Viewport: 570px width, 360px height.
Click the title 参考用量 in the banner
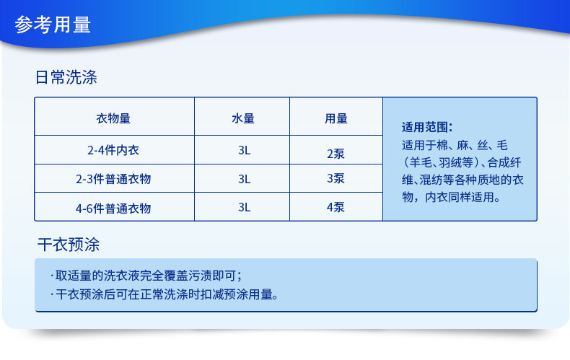[53, 25]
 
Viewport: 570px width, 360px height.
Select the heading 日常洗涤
[66, 77]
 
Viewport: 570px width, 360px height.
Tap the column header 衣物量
[113, 118]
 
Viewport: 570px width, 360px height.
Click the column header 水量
[243, 118]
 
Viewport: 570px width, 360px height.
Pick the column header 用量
[336, 118]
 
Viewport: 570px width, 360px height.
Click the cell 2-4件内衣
[113, 150]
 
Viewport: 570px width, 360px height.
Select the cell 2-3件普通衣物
[113, 178]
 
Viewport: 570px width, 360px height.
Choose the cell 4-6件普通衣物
[113, 208]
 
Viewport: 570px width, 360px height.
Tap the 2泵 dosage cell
[336, 154]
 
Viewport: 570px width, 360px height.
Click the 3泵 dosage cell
[336, 178]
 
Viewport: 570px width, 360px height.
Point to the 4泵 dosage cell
[336, 207]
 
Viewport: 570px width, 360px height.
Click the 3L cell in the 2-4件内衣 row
[245, 150]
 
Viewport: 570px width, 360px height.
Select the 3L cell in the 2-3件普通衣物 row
[245, 178]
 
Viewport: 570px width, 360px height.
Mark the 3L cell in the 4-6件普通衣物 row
[245, 207]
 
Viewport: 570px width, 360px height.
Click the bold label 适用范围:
[427, 127]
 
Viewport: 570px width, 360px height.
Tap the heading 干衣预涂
[69, 245]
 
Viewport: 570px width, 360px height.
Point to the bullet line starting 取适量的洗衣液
[146, 276]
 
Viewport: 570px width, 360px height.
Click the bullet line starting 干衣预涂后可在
[165, 294]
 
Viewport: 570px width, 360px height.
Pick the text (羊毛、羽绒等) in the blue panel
[441, 162]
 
